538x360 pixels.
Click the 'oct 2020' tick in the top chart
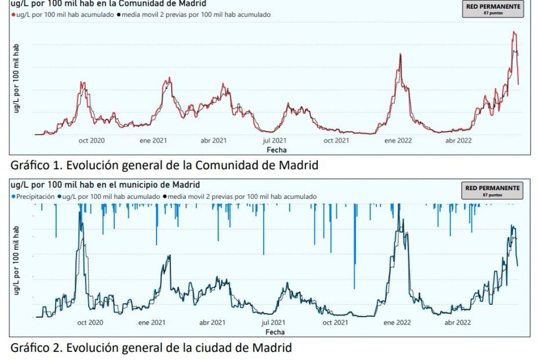click(91, 140)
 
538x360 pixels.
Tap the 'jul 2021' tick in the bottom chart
click(274, 322)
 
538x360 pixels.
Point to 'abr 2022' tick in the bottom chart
click(458, 322)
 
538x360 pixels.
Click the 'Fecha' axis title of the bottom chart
click(275, 332)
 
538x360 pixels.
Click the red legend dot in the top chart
click(13, 14)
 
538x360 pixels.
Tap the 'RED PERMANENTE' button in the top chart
click(493, 9)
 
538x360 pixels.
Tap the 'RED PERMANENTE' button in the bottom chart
click(493, 190)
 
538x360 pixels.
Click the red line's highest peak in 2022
click(513, 32)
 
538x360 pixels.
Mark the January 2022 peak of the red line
click(400, 54)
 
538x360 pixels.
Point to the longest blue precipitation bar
click(354, 246)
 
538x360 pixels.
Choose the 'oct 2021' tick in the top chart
click(336, 140)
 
